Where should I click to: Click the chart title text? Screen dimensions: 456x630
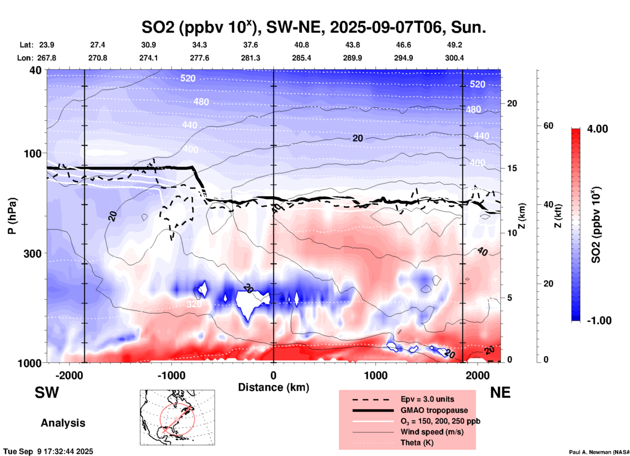pyautogui.click(x=313, y=27)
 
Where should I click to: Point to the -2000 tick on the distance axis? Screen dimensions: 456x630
pyautogui.click(x=69, y=376)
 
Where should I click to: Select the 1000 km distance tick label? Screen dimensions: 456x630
pyautogui.click(x=376, y=376)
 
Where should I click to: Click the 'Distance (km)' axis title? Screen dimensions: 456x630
pyautogui.click(x=273, y=387)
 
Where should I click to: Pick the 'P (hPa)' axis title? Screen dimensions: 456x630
pyautogui.click(x=12, y=216)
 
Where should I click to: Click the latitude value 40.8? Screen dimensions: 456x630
pyautogui.click(x=301, y=45)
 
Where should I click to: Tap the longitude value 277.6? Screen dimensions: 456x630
pyautogui.click(x=199, y=58)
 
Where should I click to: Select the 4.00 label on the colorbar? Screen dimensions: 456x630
pyautogui.click(x=597, y=129)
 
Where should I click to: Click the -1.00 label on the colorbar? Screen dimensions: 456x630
pyautogui.click(x=599, y=321)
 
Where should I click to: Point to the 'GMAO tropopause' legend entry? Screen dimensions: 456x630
pyautogui.click(x=434, y=410)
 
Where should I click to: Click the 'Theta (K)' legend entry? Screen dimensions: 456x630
pyautogui.click(x=417, y=443)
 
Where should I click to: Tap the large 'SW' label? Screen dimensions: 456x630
pyautogui.click(x=47, y=393)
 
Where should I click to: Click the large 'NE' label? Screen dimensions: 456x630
pyautogui.click(x=500, y=393)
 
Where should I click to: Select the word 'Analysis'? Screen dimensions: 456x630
pyautogui.click(x=63, y=423)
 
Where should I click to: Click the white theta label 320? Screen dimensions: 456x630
pyautogui.click(x=194, y=304)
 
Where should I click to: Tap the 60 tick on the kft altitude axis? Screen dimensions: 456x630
pyautogui.click(x=548, y=126)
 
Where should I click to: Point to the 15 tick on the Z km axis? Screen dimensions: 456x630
pyautogui.click(x=512, y=168)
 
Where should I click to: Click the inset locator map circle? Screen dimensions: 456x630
pyautogui.click(x=177, y=419)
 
